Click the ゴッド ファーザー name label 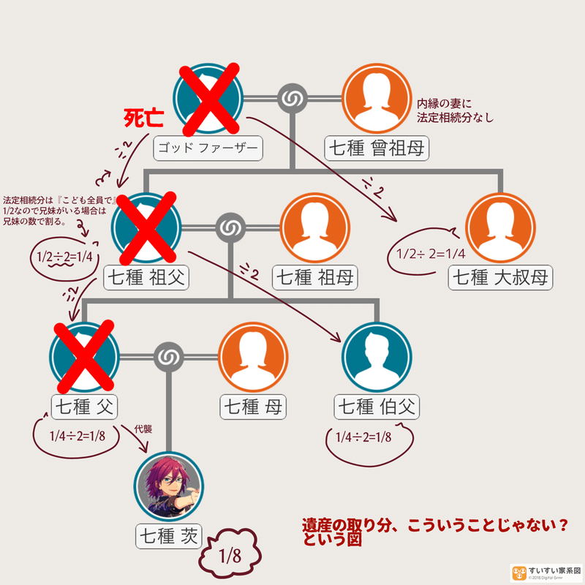(208, 149)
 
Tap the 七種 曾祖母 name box (377, 148)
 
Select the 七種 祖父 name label (148, 277)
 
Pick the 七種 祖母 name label (314, 277)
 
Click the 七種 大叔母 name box (500, 277)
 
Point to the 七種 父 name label (85, 407)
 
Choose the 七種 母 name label (252, 407)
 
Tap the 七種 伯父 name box (377, 407)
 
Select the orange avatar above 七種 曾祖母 (377, 97)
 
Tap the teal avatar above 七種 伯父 (377, 356)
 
